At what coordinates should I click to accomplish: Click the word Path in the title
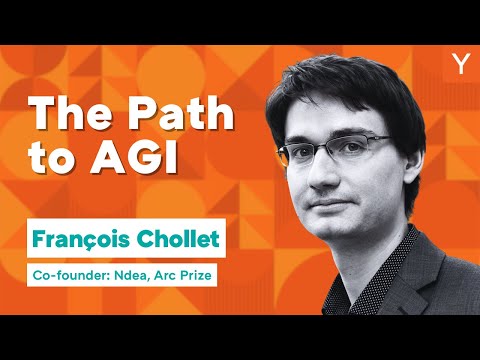(x=179, y=117)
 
